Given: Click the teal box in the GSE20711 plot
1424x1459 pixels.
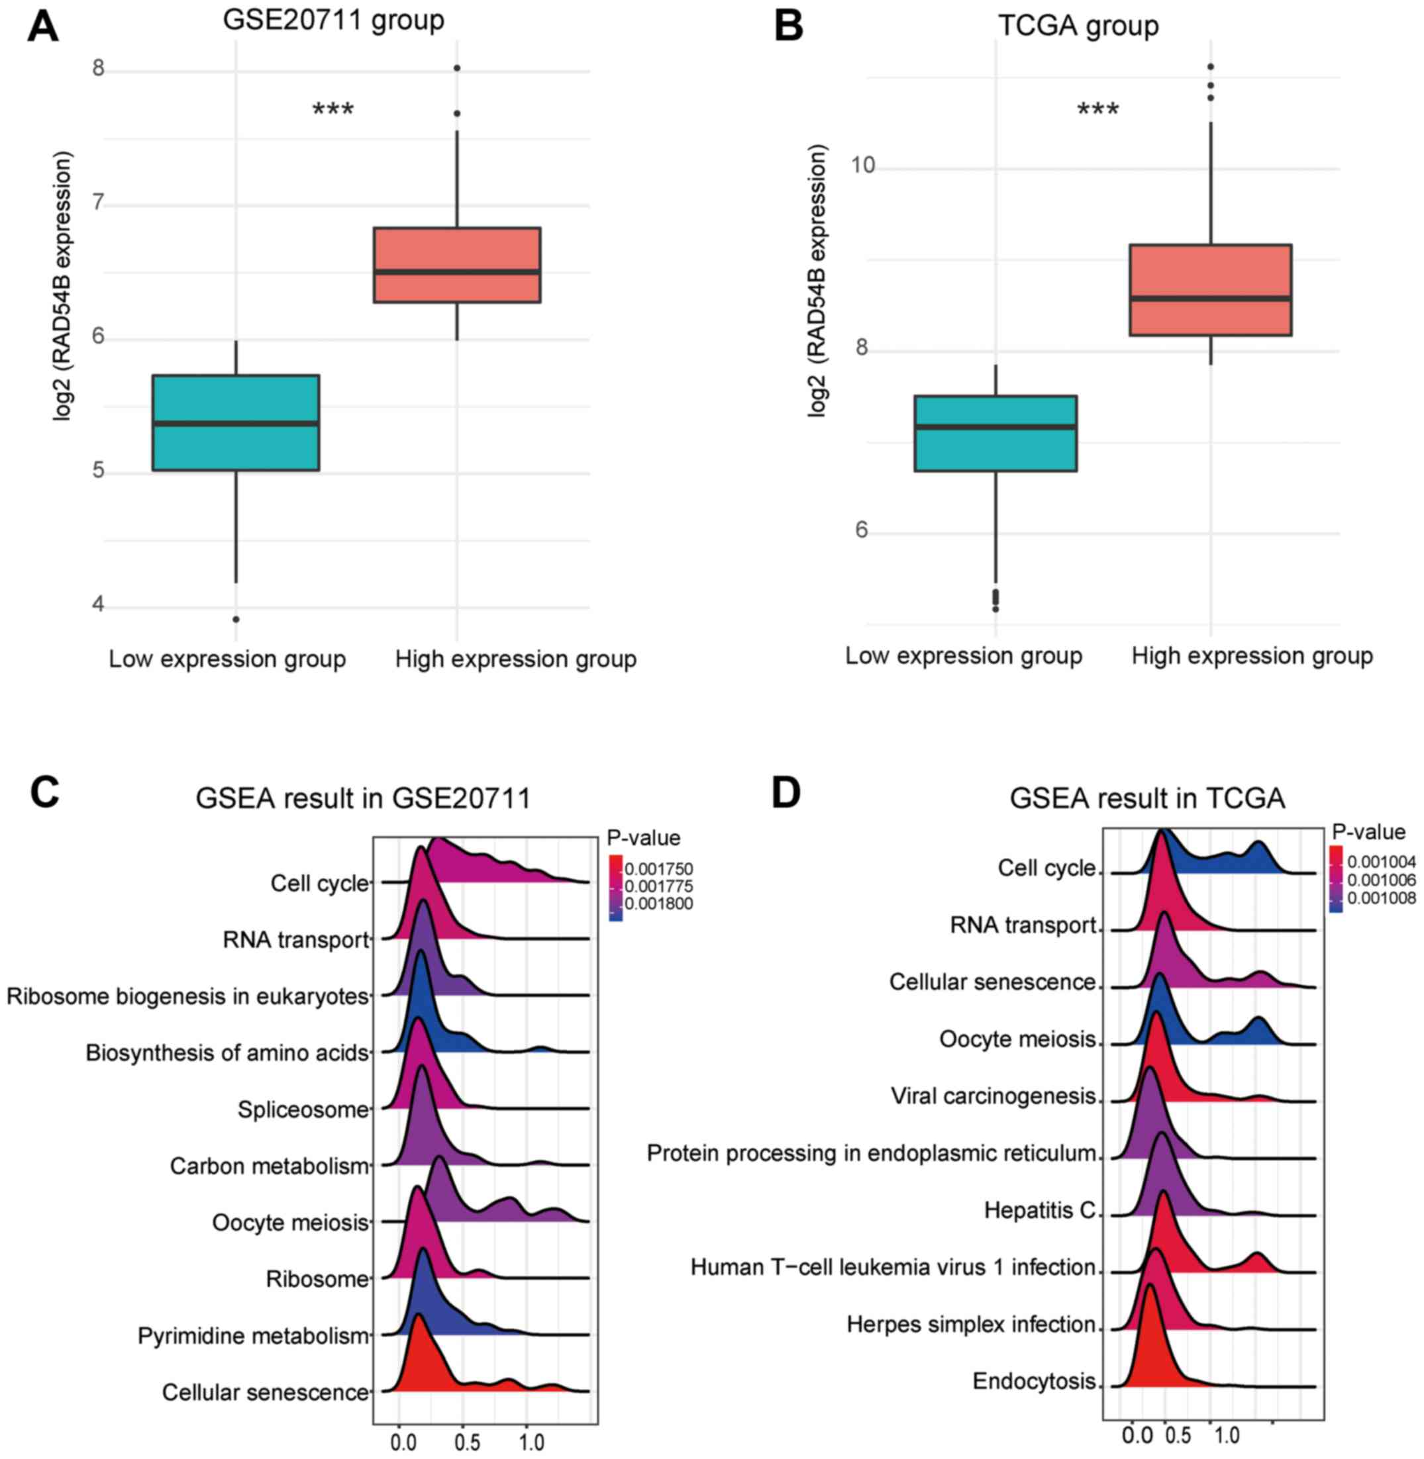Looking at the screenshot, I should coord(236,422).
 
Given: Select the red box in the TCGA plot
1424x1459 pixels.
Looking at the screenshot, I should coord(1210,290).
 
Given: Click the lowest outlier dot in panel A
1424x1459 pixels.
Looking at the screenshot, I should coord(236,619).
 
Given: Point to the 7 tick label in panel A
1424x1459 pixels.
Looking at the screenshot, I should coord(98,203).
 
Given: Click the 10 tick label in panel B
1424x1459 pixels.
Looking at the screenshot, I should coord(863,165).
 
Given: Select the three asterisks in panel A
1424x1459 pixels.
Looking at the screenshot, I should coord(332,110).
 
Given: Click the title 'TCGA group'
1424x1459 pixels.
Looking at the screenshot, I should coord(1078,25).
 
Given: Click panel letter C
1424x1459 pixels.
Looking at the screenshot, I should coord(44,792).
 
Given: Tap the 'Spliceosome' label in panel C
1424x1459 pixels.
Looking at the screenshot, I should coord(303,1109).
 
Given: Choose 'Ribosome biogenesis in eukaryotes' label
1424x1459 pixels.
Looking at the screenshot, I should coord(187,996).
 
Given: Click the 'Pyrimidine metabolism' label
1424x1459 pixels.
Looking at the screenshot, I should coord(253,1336).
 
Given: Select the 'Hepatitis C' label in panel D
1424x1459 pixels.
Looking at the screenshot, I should coord(1040,1210).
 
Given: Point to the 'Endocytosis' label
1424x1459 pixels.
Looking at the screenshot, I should coord(1034,1380).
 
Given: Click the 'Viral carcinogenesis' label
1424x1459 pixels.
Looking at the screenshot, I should coord(993,1096).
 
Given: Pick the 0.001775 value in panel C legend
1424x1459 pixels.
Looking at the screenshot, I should coord(659,886).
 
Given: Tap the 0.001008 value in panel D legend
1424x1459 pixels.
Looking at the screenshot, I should coord(1382,898).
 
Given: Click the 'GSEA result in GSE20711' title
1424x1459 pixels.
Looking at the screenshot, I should coord(363,798).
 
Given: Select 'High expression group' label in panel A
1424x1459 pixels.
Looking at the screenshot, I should coord(516,659).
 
